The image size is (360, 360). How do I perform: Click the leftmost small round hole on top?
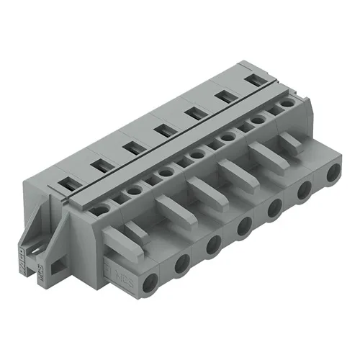coord(102,209)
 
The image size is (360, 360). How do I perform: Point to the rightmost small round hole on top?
coord(287,103)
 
